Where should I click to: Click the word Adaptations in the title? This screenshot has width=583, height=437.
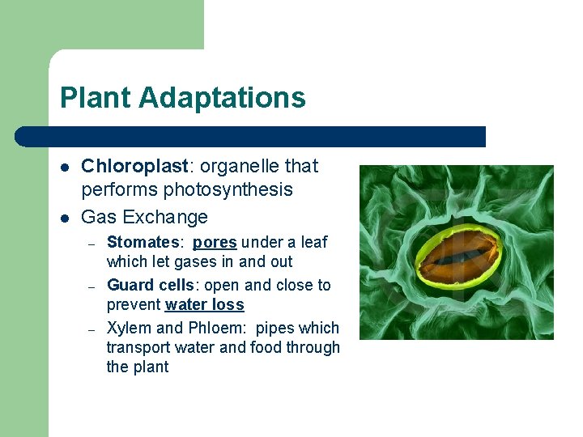222,98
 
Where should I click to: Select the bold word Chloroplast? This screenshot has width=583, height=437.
134,166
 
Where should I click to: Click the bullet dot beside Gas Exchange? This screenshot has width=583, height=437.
64,218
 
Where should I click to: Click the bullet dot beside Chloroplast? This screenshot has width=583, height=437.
64,167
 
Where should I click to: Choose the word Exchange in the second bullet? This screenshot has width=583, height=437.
172,217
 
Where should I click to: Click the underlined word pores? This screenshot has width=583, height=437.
215,243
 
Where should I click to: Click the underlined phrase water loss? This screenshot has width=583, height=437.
204,305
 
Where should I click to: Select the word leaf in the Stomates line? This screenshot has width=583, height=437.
314,242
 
